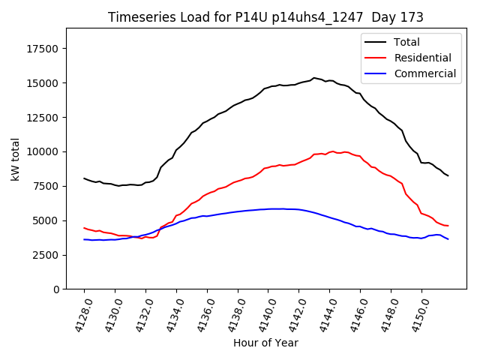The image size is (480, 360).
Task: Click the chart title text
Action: pos(265,17)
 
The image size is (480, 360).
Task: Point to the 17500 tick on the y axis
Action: pos(44,49)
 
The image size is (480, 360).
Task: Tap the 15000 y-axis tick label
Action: pos(44,83)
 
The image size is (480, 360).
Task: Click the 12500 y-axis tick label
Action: pos(44,118)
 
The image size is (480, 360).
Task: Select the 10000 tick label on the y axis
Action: pos(44,152)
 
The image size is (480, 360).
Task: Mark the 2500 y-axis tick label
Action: pos(47,255)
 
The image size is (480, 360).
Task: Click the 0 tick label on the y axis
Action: pos(57,289)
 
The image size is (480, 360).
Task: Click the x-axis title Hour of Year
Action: pos(265,343)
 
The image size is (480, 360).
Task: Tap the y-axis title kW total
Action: pos(15,159)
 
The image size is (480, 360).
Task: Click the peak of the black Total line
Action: pos(314,77)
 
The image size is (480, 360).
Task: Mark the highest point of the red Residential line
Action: pos(332,151)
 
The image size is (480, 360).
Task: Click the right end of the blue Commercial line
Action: pos(448,239)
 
